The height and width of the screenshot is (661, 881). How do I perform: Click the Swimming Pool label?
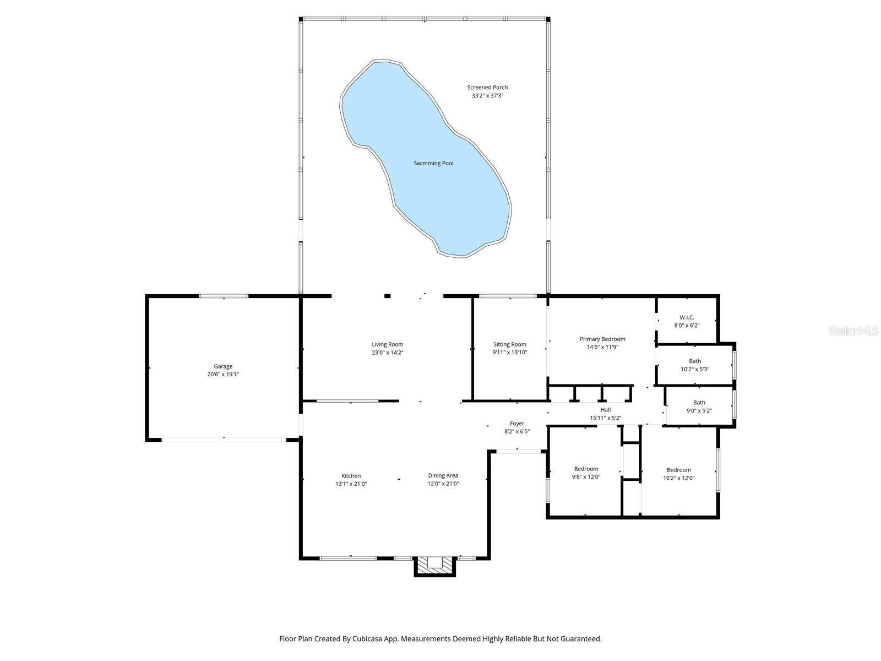pyautogui.click(x=433, y=163)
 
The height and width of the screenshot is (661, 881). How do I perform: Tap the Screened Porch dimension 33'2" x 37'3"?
pyautogui.click(x=487, y=96)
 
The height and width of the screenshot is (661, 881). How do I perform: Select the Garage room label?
pyautogui.click(x=223, y=366)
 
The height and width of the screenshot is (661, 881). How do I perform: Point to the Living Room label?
pyautogui.click(x=387, y=344)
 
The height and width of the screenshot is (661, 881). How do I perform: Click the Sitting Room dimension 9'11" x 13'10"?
pyautogui.click(x=510, y=353)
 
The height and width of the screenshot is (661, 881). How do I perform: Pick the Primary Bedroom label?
pyautogui.click(x=602, y=339)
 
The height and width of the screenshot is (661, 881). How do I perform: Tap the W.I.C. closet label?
pyautogui.click(x=687, y=317)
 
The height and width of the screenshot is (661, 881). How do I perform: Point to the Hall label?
pyautogui.click(x=606, y=410)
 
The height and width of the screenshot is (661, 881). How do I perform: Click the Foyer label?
pyautogui.click(x=516, y=424)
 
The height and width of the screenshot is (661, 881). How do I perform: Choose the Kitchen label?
pyautogui.click(x=351, y=476)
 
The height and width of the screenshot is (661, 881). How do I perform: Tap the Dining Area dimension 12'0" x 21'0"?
pyautogui.click(x=443, y=484)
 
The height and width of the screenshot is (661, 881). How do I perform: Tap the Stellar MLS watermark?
pyautogui.click(x=853, y=330)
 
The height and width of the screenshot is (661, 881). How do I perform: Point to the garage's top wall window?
pyautogui.click(x=224, y=296)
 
